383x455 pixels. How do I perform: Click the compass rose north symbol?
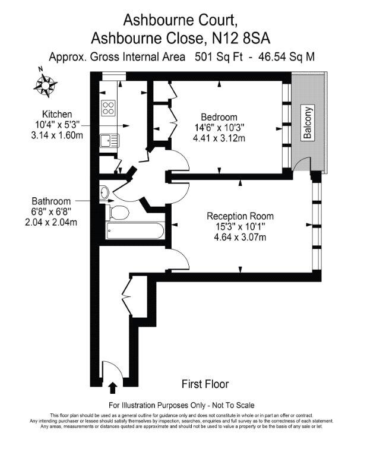pyautogui.click(x=45, y=84)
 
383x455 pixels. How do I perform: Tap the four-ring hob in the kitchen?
pyautogui.click(x=109, y=108)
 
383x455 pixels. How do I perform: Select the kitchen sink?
pyautogui.click(x=109, y=141)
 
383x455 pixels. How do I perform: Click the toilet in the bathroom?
pyautogui.click(x=117, y=213)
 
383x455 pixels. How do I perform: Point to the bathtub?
pyautogui.click(x=135, y=231)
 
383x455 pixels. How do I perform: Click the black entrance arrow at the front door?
pyautogui.click(x=113, y=388)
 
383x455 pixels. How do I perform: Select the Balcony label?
pyautogui.click(x=308, y=123)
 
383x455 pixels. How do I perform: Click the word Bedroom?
pyautogui.click(x=219, y=117)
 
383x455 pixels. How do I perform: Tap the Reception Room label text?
pyautogui.click(x=240, y=216)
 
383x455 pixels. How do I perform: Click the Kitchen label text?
pyautogui.click(x=57, y=114)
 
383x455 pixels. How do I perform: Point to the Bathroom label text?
pyautogui.click(x=51, y=201)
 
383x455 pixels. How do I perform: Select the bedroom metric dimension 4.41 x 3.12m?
pyautogui.click(x=219, y=138)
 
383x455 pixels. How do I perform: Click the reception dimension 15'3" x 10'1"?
pyautogui.click(x=240, y=227)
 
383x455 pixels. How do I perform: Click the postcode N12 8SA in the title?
pyautogui.click(x=241, y=38)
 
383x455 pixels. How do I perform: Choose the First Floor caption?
pyautogui.click(x=205, y=384)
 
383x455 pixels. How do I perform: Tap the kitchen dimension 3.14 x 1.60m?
pyautogui.click(x=57, y=135)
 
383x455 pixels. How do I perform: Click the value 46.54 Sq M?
pyautogui.click(x=286, y=57)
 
